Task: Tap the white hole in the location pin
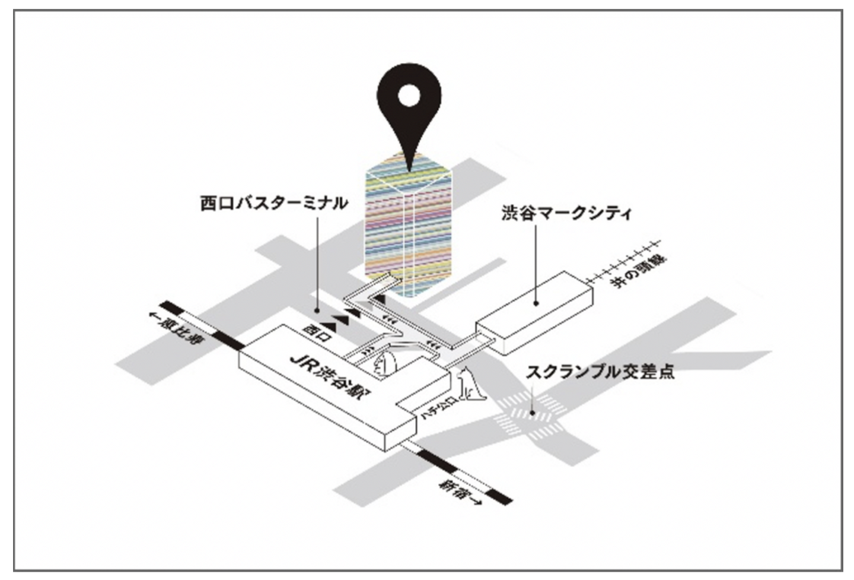pos(409,95)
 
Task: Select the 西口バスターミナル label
pos(273,204)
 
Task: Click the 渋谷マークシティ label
pos(566,213)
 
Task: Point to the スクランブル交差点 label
pos(600,372)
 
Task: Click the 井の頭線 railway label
pos(640,272)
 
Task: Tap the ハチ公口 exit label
pos(438,410)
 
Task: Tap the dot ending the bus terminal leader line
pos(317,310)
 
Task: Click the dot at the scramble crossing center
pos(533,413)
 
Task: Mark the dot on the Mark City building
pos(536,303)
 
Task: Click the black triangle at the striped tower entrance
pos(380,300)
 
